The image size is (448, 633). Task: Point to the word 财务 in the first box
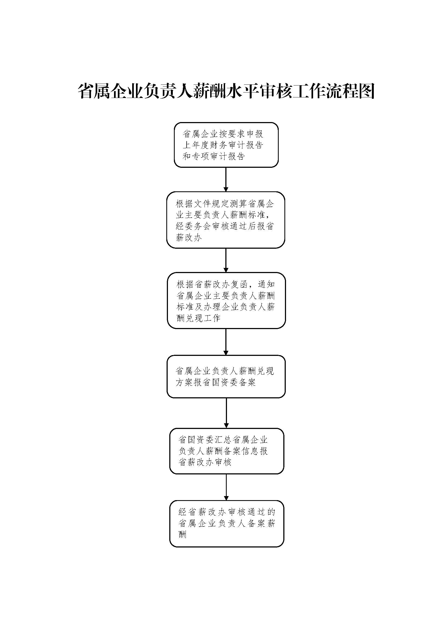[219, 145]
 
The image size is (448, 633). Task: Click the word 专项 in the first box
[201, 156]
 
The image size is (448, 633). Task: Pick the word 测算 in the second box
[239, 204]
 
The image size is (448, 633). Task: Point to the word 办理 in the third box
[213, 307]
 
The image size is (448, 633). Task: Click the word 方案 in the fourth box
[184, 382]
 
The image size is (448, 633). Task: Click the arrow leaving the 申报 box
[226, 179]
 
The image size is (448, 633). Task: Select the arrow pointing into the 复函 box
[226, 260]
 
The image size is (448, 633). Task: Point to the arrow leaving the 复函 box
[226, 342]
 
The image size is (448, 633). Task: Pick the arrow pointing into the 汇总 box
[226, 413]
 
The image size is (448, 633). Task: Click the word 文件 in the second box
[203, 204]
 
